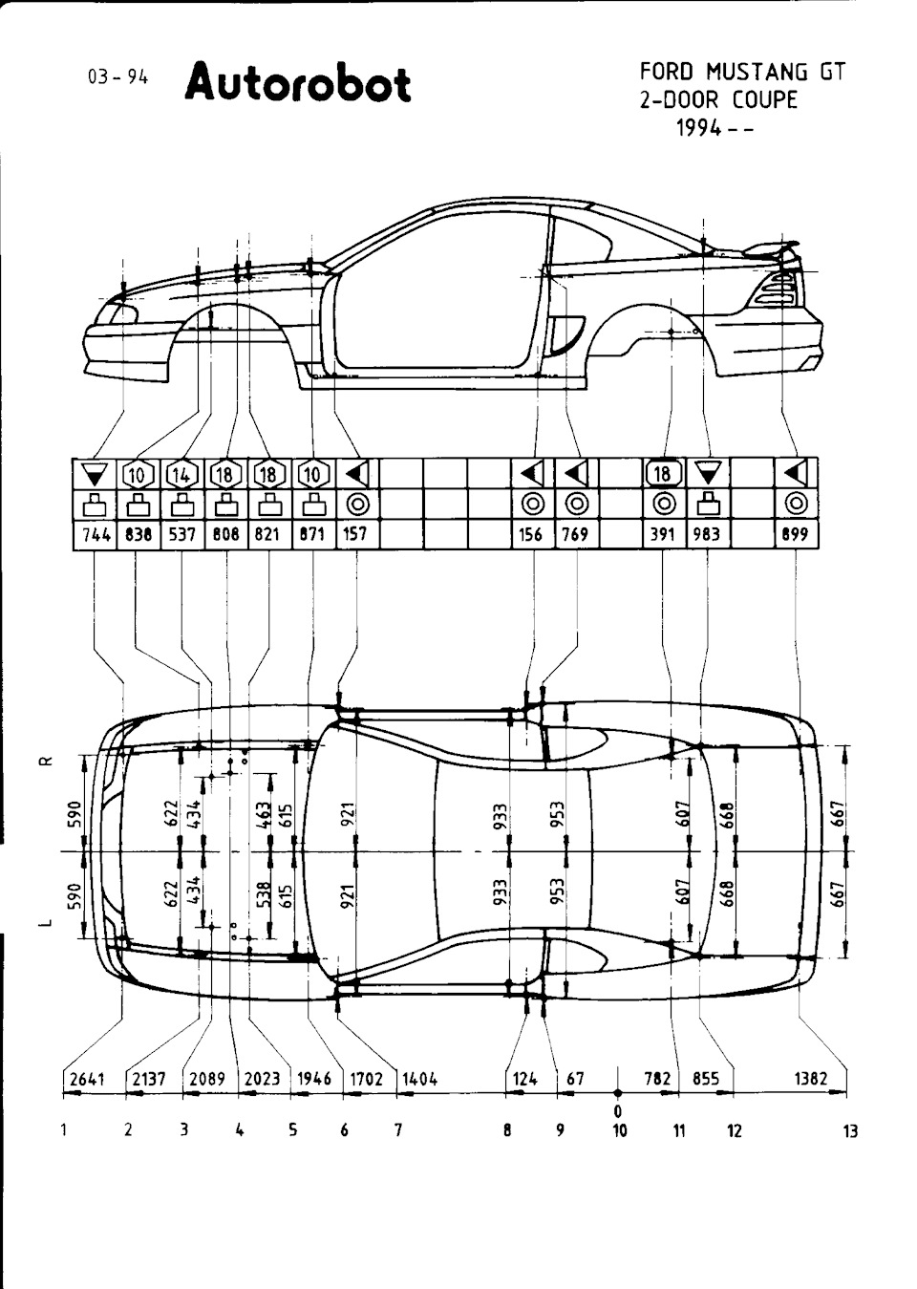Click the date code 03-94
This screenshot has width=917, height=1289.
coord(117,77)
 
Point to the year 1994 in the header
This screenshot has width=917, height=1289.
coord(698,128)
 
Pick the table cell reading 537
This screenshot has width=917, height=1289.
coord(182,535)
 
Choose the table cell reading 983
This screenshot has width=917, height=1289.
coord(707,535)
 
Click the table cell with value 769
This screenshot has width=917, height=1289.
coord(576,535)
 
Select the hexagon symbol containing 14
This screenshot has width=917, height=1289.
coord(181,475)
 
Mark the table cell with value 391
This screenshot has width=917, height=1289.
coord(663,535)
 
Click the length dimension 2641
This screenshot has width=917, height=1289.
coord(88,1078)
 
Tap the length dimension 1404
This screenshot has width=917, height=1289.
coord(420,1078)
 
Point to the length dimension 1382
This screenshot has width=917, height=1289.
coord(811,1078)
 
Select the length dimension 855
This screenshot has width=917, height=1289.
coord(706,1078)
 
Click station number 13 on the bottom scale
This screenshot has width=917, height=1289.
coord(850,1131)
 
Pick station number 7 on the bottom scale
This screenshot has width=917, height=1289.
coord(398,1130)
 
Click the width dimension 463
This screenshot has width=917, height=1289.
coord(263,814)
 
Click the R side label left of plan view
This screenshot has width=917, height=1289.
coord(49,762)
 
